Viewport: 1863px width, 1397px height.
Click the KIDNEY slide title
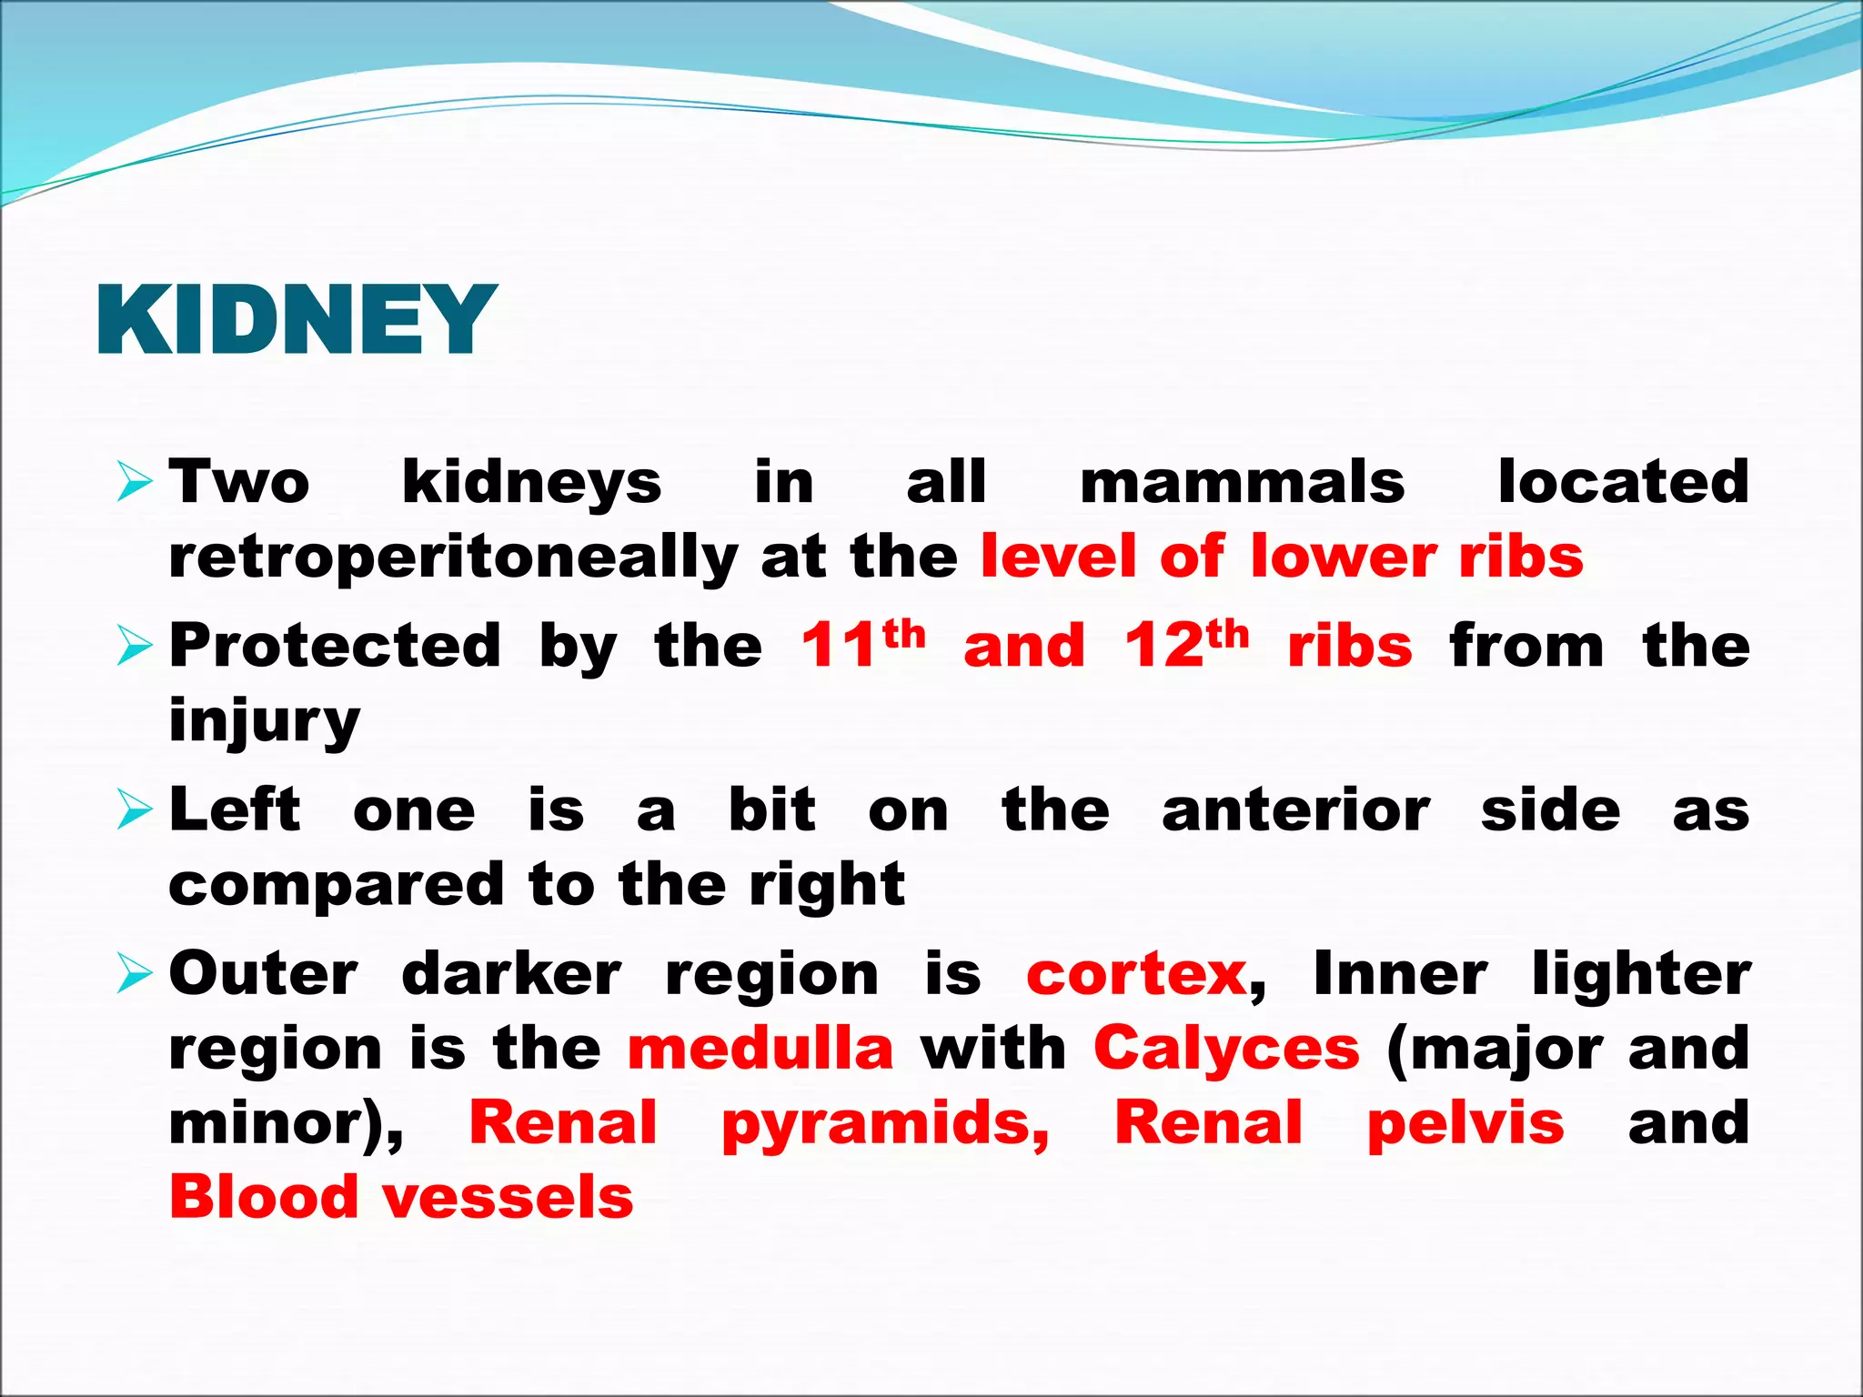click(297, 319)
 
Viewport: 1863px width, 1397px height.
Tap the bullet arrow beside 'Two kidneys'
click(135, 482)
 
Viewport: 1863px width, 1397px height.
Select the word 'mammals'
click(1242, 482)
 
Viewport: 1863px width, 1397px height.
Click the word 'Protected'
click(335, 646)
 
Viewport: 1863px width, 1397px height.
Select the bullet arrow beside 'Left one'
click(135, 809)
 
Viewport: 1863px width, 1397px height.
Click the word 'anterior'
click(1295, 809)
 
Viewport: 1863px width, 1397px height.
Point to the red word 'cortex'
click(1136, 975)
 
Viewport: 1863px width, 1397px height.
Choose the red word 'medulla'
click(760, 1049)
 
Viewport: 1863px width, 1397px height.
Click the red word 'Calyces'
click(1226, 1049)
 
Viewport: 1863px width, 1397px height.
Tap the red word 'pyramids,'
click(885, 1124)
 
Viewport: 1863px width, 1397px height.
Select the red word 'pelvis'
click(1465, 1124)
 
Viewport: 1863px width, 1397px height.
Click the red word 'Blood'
click(264, 1197)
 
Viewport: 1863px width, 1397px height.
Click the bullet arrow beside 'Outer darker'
click(135, 975)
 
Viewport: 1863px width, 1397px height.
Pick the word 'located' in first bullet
click(1623, 482)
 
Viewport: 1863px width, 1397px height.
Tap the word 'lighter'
click(1641, 975)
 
